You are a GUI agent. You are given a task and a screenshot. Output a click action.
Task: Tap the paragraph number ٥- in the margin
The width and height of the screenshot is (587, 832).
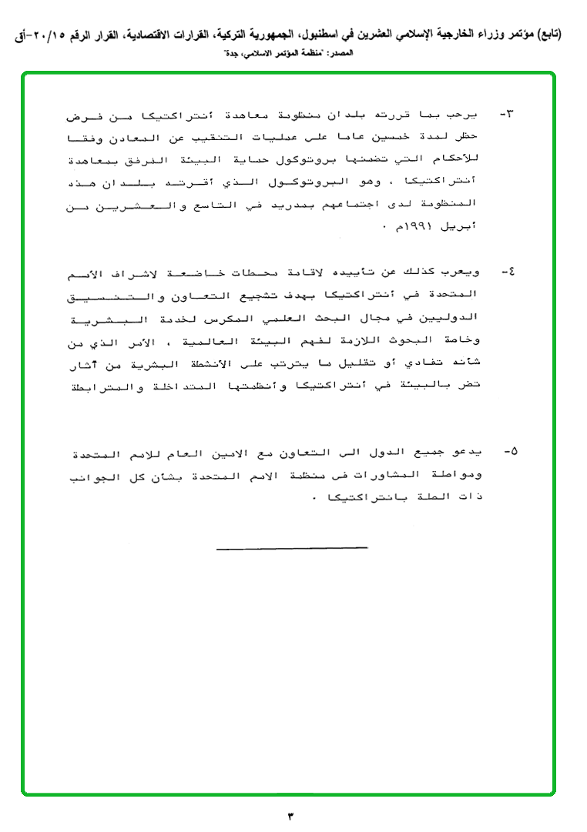[508, 449]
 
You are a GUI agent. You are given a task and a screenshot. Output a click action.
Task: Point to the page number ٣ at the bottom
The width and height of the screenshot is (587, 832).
[291, 815]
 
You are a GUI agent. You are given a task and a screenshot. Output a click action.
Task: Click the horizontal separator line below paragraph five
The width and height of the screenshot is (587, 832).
[292, 548]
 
